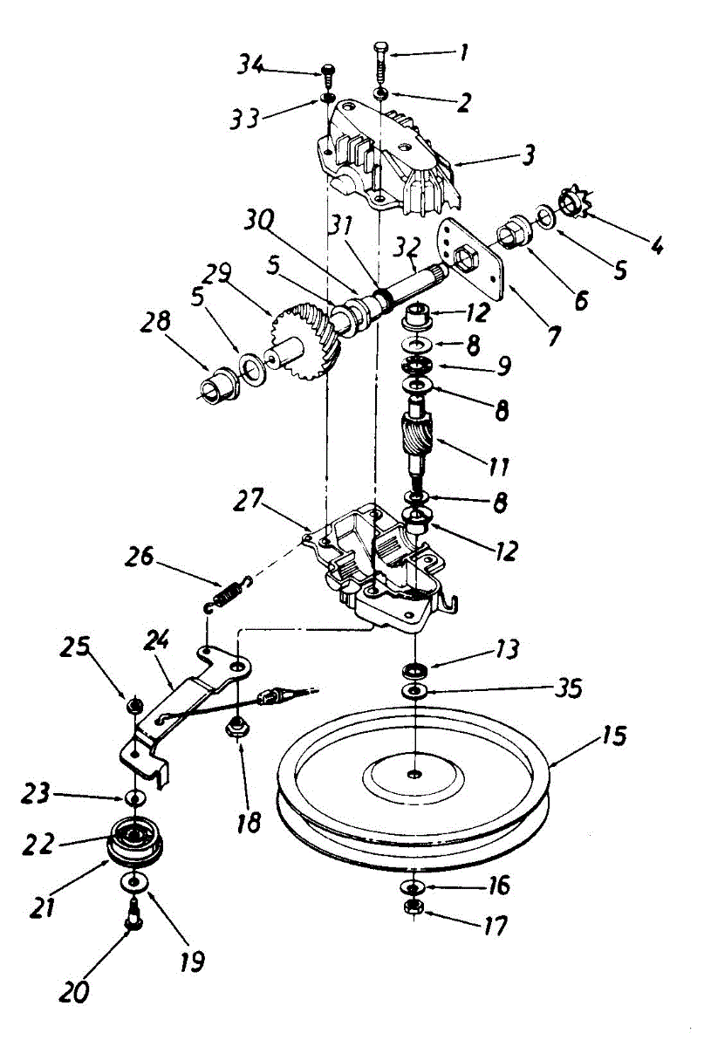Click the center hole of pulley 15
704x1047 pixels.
point(414,773)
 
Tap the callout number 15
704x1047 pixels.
point(613,736)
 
